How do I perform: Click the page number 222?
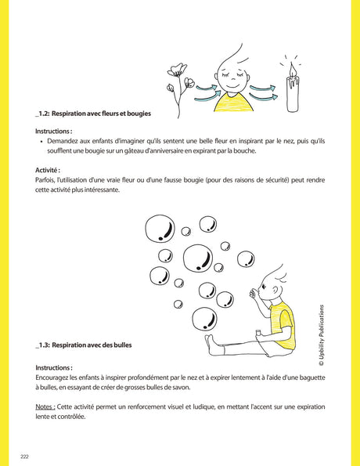(x=26, y=454)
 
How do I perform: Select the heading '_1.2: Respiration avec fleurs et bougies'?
(x=92, y=114)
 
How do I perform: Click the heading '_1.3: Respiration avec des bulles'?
(x=84, y=345)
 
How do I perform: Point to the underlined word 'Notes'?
(x=45, y=407)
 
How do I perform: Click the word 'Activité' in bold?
(x=48, y=170)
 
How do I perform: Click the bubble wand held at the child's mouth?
(x=252, y=295)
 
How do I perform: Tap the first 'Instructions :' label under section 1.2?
(x=54, y=131)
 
